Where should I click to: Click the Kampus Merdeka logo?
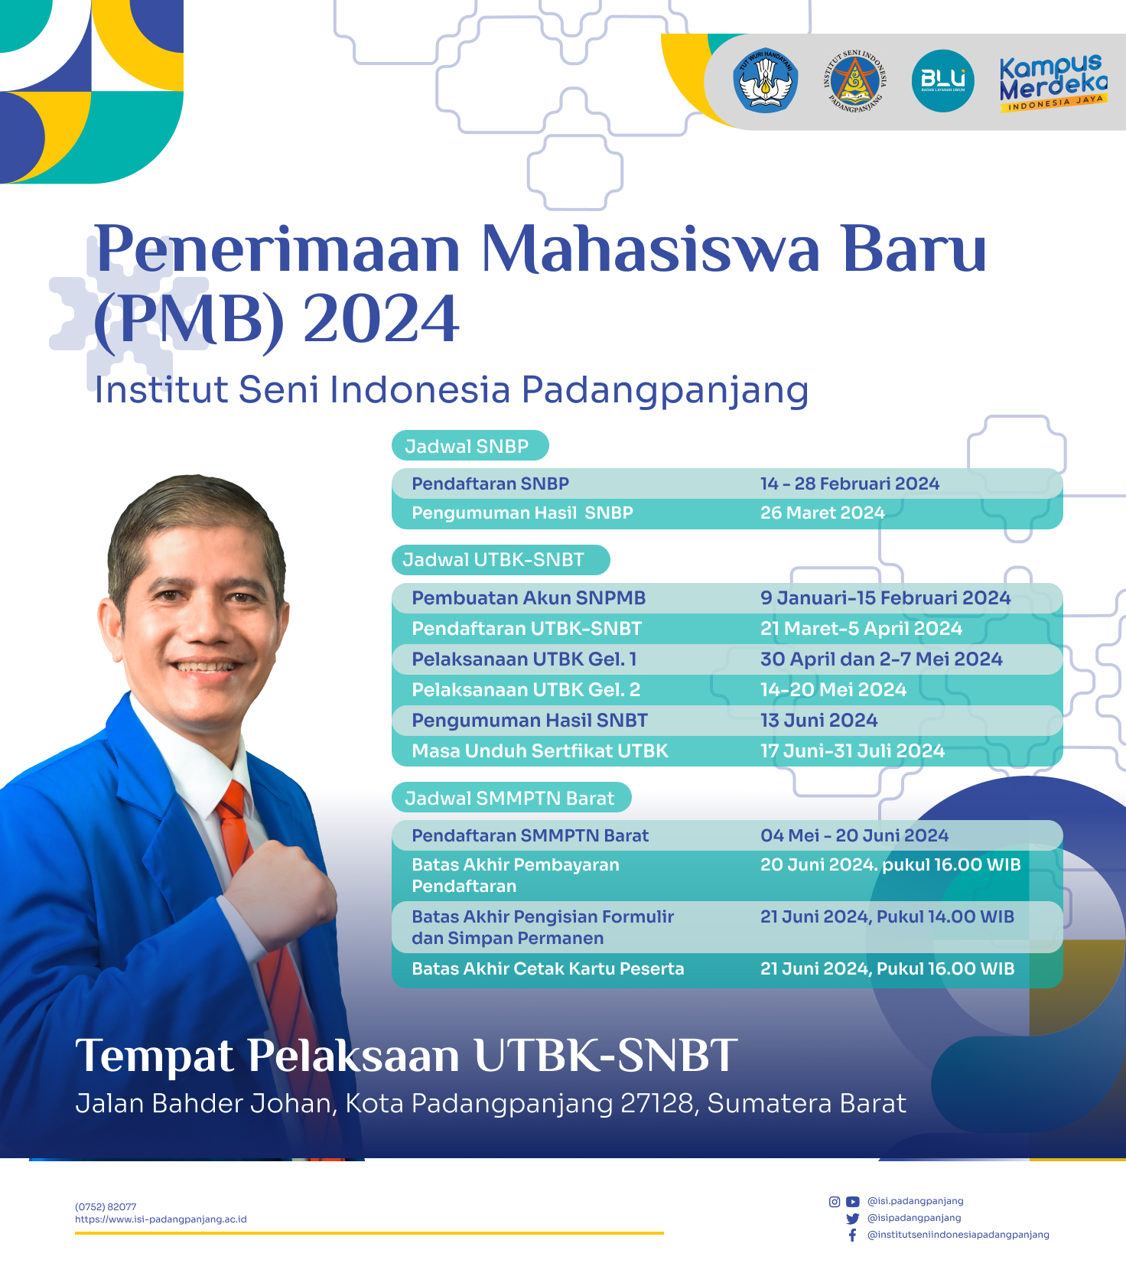pos(1053,83)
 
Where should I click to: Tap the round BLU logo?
pos(942,81)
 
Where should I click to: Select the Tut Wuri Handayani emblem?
pos(766,81)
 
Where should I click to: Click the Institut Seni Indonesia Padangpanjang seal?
pos(854,81)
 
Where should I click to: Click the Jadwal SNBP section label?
pos(467,446)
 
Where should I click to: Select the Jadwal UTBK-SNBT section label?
pos(493,560)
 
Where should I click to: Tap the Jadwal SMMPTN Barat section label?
pos(509,798)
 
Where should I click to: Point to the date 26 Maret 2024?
pos(822,513)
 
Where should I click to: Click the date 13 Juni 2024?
pos(818,721)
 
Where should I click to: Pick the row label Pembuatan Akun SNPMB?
pos(529,598)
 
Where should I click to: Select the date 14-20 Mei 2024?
pos(833,690)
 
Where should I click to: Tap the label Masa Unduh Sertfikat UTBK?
pos(540,751)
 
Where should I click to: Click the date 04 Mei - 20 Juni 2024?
pos(854,835)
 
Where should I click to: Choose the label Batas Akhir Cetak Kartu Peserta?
pos(548,968)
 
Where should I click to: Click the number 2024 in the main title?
pos(381,318)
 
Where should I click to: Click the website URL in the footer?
pos(161,1219)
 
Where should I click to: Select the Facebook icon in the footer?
pos(852,1235)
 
